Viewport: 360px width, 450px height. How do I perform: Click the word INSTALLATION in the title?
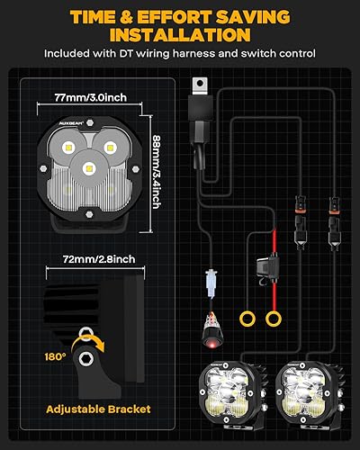pos(180,34)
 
